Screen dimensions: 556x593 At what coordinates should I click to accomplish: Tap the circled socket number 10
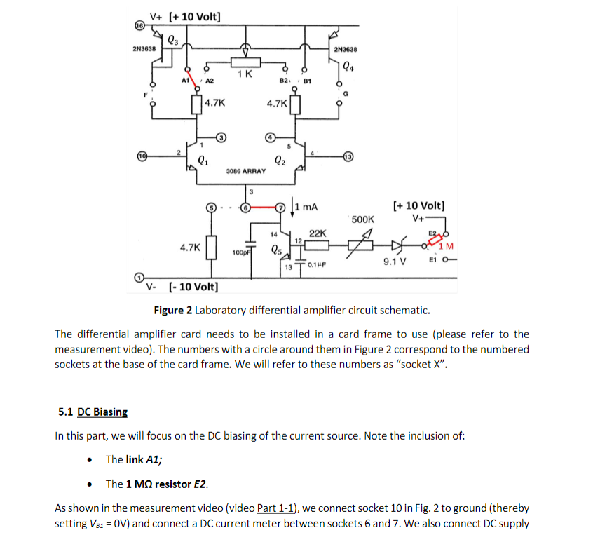[141, 154]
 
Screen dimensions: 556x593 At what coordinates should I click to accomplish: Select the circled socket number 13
[348, 155]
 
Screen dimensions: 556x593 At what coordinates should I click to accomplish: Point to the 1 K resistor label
[245, 74]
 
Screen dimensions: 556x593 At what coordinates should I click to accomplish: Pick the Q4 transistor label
[349, 68]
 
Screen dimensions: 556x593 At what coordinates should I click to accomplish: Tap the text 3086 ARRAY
[246, 171]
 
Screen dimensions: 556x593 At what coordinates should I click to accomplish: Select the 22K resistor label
[317, 233]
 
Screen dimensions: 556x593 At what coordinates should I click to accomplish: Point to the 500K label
[363, 219]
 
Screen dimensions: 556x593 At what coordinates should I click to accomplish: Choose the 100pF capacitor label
[242, 250]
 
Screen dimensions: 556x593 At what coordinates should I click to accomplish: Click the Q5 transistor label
[278, 250]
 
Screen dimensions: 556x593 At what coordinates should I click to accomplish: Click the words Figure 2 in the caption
[173, 311]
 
